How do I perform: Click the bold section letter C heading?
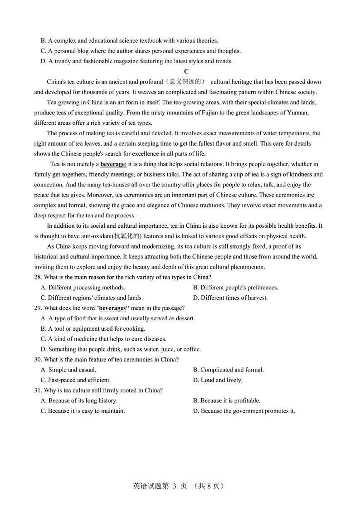coord(186,72)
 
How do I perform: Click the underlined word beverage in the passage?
coord(112,164)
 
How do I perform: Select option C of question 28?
coord(92,298)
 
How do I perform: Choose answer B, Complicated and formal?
coord(228,370)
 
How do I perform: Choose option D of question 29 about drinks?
coord(121,349)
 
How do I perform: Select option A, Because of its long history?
coord(79,401)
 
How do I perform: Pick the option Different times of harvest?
coord(230,298)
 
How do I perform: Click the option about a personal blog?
coord(141,51)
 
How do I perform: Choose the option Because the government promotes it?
coord(244,411)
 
